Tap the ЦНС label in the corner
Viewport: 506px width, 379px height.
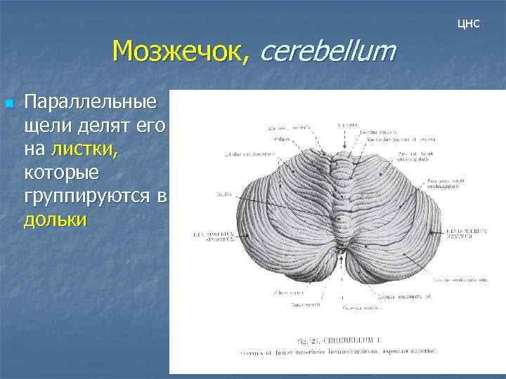point(468,24)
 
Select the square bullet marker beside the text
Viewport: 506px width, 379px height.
point(9,104)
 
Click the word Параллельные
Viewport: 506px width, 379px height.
point(90,103)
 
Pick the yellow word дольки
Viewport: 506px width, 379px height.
point(56,220)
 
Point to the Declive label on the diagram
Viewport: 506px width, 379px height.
point(225,191)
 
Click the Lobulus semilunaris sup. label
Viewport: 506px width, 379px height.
point(460,280)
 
